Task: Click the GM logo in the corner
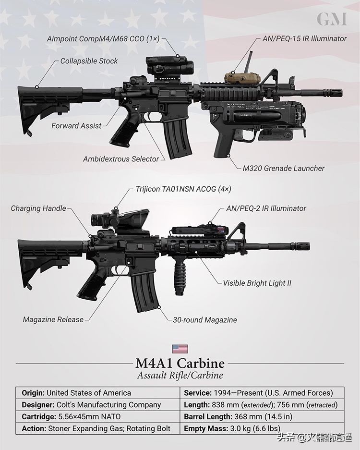(332, 19)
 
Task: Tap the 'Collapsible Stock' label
(89, 61)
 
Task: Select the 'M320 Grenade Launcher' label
(283, 168)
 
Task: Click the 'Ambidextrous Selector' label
(120, 158)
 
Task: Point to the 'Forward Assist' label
(76, 126)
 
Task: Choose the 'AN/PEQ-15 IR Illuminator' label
(304, 38)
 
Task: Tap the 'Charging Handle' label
(38, 208)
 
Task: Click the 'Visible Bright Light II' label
(257, 283)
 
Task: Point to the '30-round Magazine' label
(204, 319)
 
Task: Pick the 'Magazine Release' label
(53, 319)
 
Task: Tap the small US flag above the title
(180, 349)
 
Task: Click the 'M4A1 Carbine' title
(180, 363)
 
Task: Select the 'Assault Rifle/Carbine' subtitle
(180, 376)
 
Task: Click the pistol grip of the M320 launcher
(223, 142)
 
